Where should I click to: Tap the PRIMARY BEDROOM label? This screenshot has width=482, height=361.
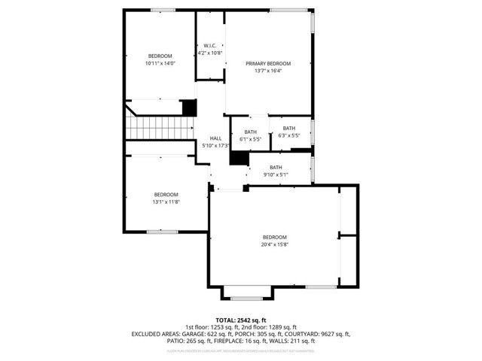pos(268,63)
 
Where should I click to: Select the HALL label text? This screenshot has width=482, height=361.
pos(215,138)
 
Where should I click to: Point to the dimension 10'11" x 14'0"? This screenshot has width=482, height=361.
pos(160,64)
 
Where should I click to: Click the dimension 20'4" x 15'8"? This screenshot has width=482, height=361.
pos(275,244)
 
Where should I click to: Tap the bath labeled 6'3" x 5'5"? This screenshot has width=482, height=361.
pos(289,135)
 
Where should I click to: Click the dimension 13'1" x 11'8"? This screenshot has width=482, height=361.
pos(166,202)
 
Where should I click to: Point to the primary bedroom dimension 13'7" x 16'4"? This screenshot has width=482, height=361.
pos(268,71)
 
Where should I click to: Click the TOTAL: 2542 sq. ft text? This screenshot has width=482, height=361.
pos(241,320)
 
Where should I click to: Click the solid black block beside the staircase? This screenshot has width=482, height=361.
pos(189,108)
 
